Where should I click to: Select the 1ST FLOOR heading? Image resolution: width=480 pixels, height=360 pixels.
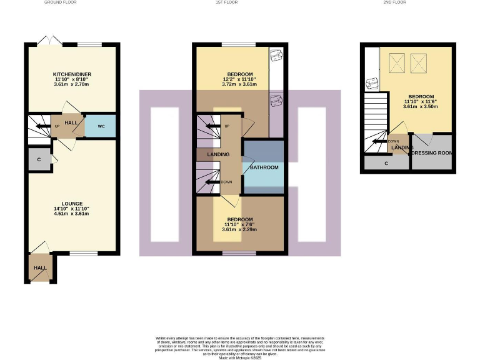[241, 2]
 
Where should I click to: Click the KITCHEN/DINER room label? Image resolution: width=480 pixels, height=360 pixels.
[72, 74]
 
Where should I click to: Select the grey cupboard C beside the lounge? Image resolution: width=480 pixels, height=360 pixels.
[39, 159]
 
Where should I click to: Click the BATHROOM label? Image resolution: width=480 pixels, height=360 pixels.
[264, 167]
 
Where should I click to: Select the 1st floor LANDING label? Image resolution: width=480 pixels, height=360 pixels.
[218, 154]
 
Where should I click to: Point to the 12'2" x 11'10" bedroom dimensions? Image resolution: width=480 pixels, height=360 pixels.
[240, 79]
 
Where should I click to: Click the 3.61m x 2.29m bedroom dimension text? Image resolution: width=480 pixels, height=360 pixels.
[240, 230]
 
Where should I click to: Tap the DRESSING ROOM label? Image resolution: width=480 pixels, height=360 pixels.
[431, 152]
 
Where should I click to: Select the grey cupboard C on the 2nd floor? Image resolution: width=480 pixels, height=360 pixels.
[386, 164]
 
